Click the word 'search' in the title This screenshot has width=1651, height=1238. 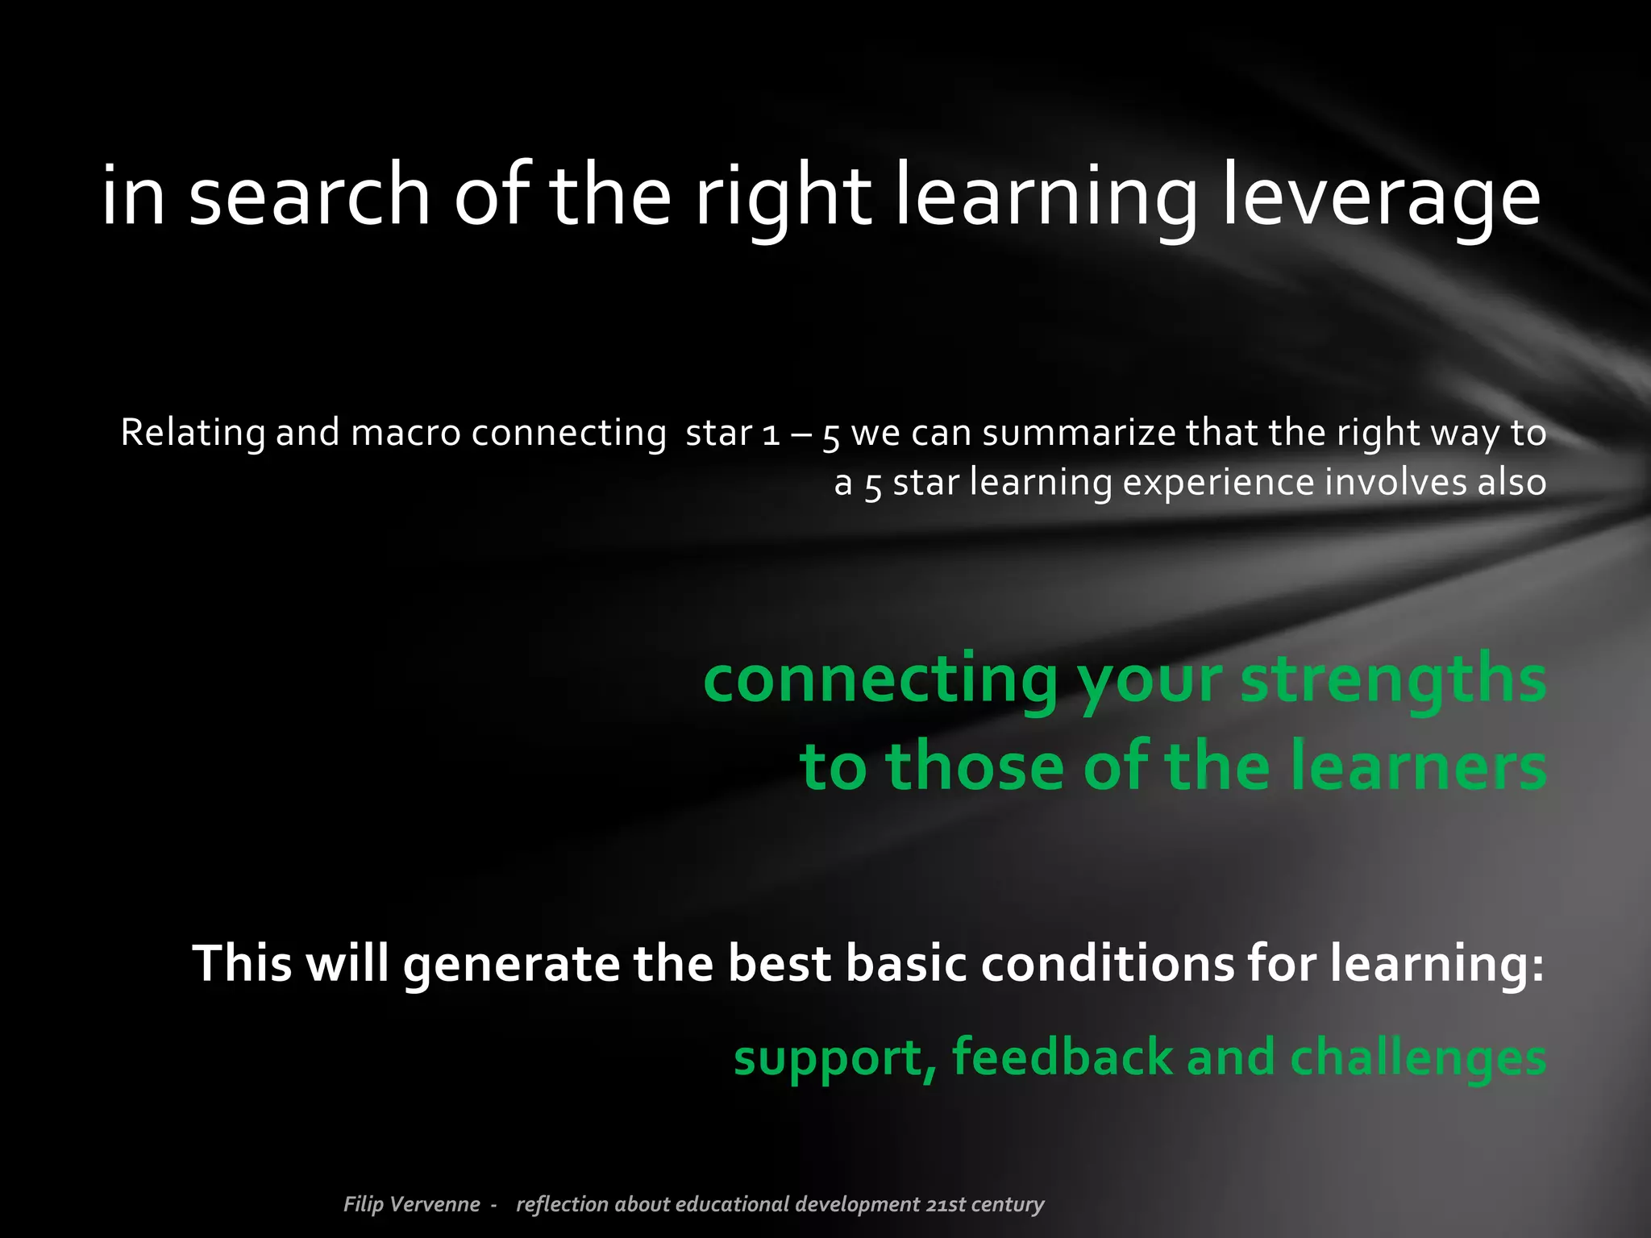(x=310, y=196)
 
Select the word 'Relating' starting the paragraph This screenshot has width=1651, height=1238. (x=192, y=433)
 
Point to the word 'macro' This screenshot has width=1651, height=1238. (x=405, y=433)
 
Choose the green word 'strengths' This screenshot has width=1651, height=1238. (x=1393, y=679)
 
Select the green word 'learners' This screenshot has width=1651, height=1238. (x=1418, y=766)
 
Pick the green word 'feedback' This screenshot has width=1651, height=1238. (x=1062, y=1057)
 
